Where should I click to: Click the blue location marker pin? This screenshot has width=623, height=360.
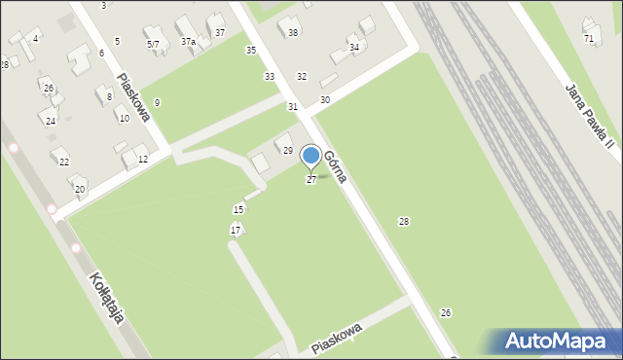click(311, 156)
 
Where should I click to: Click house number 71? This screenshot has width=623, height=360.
click(588, 38)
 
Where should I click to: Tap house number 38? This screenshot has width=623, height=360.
click(293, 33)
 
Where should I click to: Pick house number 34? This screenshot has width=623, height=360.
click(354, 47)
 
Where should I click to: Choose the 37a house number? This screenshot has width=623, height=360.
click(188, 42)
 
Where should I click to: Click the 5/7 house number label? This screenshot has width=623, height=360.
click(153, 44)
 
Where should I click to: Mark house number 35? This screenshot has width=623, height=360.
click(250, 50)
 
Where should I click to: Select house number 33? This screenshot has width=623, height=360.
click(269, 76)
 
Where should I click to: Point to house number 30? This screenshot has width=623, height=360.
click(324, 99)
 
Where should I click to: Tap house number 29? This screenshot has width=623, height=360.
click(287, 150)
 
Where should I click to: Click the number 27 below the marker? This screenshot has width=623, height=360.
click(311, 180)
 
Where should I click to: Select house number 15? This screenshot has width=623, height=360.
click(238, 209)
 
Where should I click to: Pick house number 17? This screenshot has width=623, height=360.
click(235, 230)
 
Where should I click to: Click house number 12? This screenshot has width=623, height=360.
click(142, 159)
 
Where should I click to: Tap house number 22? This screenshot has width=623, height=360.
click(64, 162)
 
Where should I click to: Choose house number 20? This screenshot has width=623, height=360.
click(79, 189)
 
